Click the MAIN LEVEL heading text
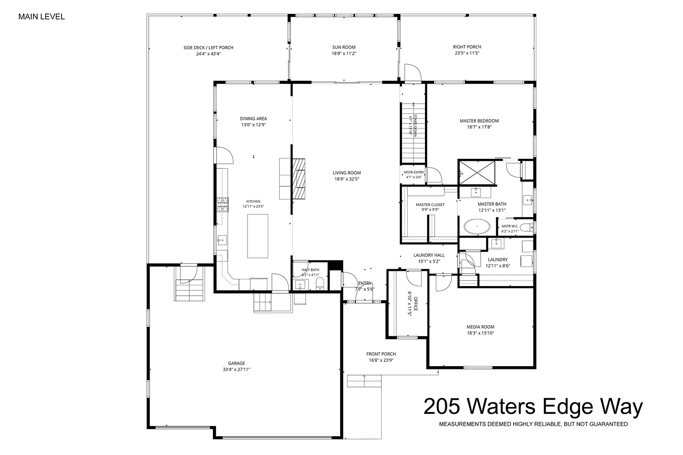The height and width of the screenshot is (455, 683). [41, 17]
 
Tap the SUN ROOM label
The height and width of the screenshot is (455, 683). [344, 47]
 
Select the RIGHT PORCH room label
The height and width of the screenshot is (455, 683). [467, 47]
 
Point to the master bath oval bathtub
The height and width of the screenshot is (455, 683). [477, 226]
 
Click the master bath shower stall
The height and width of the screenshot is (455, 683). [477, 173]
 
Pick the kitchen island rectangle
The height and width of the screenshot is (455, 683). [258, 236]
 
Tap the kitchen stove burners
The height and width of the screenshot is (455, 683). [223, 204]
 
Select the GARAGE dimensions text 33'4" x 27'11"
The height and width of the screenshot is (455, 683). [236, 369]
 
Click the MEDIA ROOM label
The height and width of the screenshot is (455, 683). [481, 327]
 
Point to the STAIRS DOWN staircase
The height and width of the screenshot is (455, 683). [413, 134]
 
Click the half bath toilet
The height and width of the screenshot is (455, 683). [320, 284]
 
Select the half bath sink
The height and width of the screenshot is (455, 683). [300, 285]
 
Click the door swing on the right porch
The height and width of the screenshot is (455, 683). [413, 73]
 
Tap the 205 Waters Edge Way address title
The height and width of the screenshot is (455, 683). [533, 406]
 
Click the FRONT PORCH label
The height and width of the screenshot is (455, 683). [381, 354]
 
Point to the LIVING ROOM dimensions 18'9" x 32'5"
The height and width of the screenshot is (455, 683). [347, 179]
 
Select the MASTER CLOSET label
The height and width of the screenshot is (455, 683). [430, 205]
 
